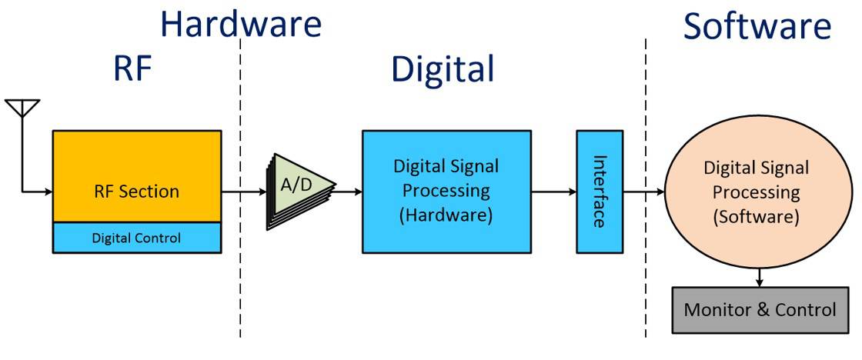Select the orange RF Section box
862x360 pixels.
136,177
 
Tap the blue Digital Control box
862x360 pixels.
136,238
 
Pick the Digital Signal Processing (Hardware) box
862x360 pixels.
446,191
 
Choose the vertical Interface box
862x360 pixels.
599,191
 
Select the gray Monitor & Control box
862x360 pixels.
760,310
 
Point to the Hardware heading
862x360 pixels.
240,24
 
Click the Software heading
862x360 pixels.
757,27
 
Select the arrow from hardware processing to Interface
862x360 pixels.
554,192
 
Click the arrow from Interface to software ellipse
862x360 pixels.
643,192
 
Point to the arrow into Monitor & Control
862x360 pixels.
760,277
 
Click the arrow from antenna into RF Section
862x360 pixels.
37,192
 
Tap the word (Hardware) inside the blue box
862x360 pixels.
446,215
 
